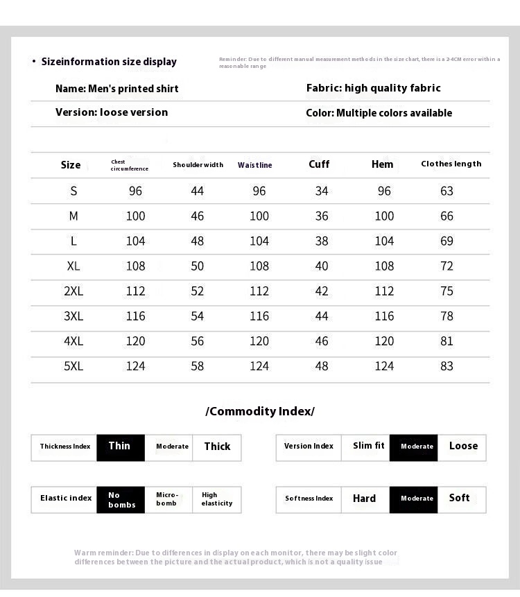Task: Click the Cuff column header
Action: coord(319,164)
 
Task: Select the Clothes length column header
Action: coord(451,164)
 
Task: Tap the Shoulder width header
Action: coord(198,165)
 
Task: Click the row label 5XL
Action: coord(73,366)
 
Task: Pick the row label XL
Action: coord(73,266)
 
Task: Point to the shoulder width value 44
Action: coord(198,191)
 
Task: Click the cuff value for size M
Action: coord(322,216)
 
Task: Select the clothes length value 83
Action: coord(447,366)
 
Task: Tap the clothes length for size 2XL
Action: coord(447,291)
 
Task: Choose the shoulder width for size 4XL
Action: coord(198,341)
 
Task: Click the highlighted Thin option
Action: coord(120,447)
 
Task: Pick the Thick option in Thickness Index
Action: coord(217,447)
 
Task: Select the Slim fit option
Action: coord(368,447)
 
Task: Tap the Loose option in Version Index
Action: coord(463,447)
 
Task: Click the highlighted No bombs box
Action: coord(120,499)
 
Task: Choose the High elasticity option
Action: coord(217,499)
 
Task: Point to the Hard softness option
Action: coord(364,499)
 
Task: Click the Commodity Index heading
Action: coord(260,411)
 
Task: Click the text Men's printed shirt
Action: coord(133,89)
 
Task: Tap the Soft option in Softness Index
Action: coord(459,498)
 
